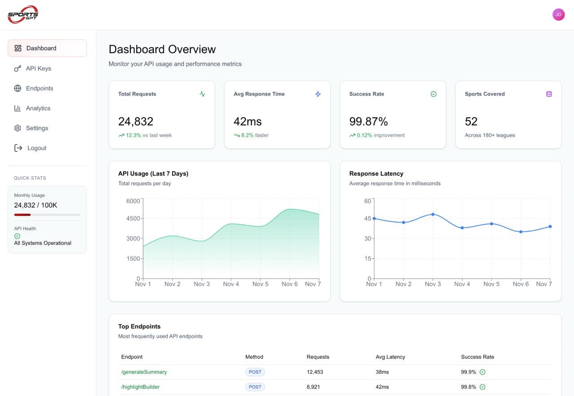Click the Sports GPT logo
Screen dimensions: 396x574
tap(23, 15)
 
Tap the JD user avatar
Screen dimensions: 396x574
tap(558, 15)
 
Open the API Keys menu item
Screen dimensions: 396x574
tap(38, 69)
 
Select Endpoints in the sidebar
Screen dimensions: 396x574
tap(39, 88)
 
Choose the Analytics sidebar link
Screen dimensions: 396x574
tap(38, 108)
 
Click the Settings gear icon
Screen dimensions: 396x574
tap(17, 128)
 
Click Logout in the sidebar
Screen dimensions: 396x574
tap(36, 148)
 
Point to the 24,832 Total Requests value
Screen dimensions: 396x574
tap(135, 121)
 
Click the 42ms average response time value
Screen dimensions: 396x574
tap(248, 121)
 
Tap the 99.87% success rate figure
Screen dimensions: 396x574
tap(368, 121)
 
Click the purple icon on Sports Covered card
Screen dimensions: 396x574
tap(549, 94)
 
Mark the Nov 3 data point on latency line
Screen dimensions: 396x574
tap(433, 214)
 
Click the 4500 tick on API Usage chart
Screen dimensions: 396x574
tap(133, 219)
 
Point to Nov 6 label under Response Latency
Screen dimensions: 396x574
tap(521, 284)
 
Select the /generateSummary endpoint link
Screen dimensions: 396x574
tap(144, 372)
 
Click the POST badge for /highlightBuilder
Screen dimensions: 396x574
tap(255, 387)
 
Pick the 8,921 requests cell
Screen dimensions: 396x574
tap(313, 387)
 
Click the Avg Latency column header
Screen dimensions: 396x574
tap(390, 357)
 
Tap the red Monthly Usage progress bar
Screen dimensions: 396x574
tap(22, 215)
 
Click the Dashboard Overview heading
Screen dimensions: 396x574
tap(162, 49)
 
